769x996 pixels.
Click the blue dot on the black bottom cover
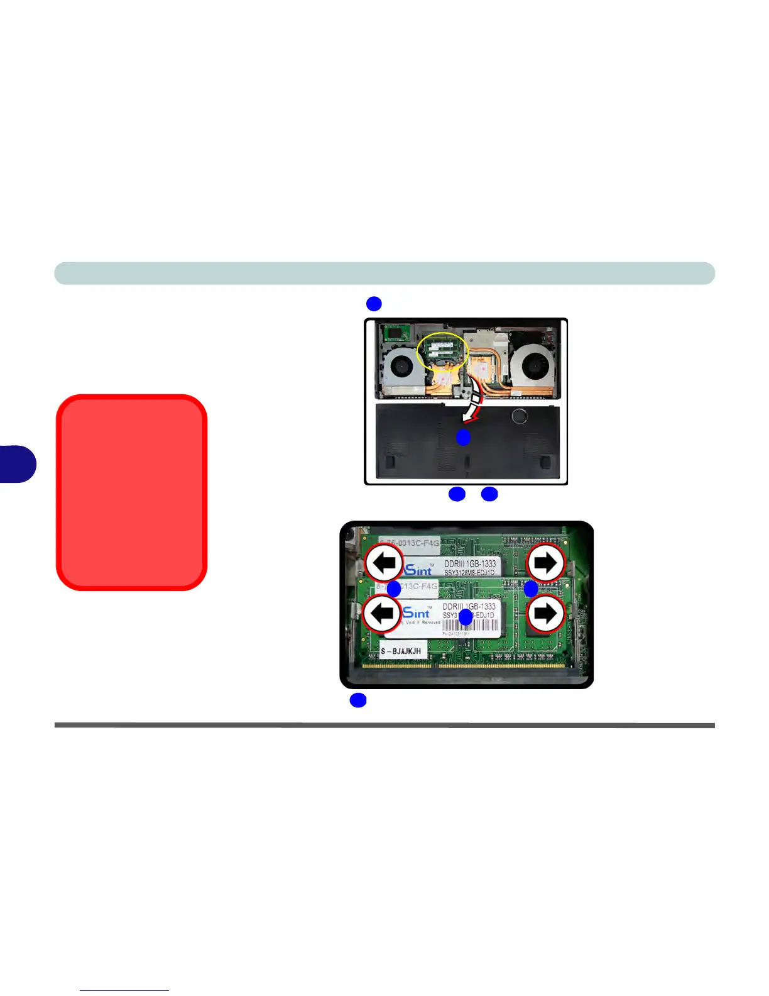(463, 437)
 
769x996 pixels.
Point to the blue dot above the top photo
(374, 304)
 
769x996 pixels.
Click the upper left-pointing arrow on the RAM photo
(384, 562)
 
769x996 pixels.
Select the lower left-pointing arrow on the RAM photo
(382, 613)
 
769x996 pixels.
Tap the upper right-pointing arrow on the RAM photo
(545, 563)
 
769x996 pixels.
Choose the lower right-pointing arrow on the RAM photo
(545, 614)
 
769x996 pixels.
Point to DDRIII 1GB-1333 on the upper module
(470, 564)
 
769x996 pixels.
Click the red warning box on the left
(132, 492)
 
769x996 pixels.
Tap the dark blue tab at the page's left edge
(17, 464)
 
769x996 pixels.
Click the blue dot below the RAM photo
(358, 700)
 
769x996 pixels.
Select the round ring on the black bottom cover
(519, 416)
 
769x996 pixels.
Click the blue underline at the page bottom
(124, 990)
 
